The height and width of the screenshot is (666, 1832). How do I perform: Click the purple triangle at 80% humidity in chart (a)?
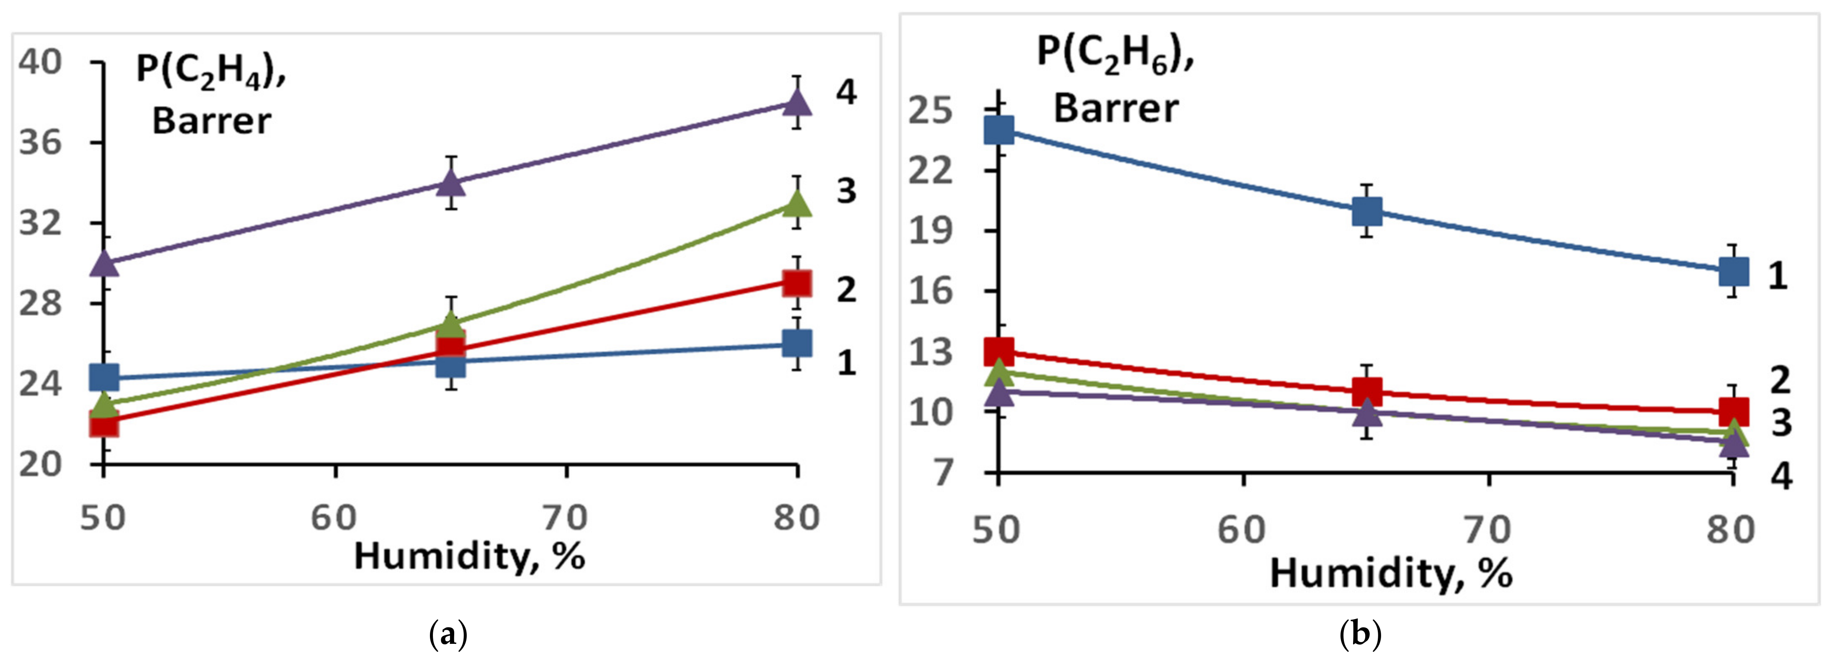point(797,102)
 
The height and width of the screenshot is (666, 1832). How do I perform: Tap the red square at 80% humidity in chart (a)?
point(797,282)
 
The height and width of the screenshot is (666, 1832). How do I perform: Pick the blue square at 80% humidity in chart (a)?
point(797,343)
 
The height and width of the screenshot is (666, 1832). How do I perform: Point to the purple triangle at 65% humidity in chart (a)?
point(451,183)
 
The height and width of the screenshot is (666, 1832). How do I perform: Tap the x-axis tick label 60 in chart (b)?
point(1242,530)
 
